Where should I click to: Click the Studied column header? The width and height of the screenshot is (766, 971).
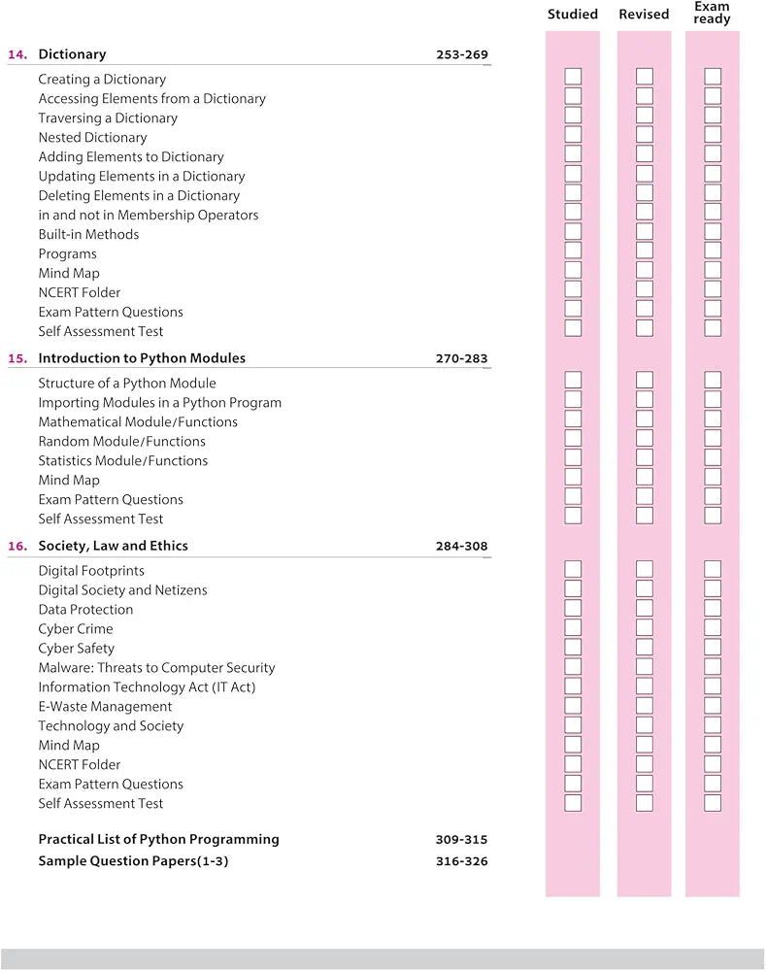(x=573, y=15)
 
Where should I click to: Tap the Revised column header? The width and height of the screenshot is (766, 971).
(x=644, y=15)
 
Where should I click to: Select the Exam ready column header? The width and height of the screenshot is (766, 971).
(x=712, y=13)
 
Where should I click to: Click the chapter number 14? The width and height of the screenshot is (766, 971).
(x=17, y=54)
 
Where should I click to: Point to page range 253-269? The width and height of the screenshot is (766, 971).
(x=462, y=54)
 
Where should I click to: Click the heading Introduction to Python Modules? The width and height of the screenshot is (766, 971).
(x=142, y=358)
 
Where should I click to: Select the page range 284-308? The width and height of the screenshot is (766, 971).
(x=462, y=546)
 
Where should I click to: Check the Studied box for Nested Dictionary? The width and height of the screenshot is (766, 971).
(x=573, y=135)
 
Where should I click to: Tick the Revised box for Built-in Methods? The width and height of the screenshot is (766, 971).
(x=644, y=232)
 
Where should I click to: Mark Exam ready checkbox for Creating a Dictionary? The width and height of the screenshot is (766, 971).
(x=713, y=77)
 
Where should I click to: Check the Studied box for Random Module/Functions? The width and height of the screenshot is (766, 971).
(x=573, y=439)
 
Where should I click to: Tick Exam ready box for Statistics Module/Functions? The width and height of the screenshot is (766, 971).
(x=713, y=458)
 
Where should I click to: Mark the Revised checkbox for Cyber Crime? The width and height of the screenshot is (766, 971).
(x=644, y=627)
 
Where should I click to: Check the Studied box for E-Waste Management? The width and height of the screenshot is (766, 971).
(x=573, y=705)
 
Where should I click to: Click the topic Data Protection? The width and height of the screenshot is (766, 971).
(x=85, y=610)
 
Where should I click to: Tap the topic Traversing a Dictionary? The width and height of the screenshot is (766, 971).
(x=108, y=118)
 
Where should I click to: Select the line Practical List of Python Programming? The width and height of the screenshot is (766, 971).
(x=158, y=839)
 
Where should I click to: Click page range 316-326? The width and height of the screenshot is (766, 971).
(x=462, y=861)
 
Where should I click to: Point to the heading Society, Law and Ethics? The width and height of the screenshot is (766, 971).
(x=113, y=546)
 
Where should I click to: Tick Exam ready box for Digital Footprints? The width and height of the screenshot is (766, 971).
(x=713, y=569)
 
